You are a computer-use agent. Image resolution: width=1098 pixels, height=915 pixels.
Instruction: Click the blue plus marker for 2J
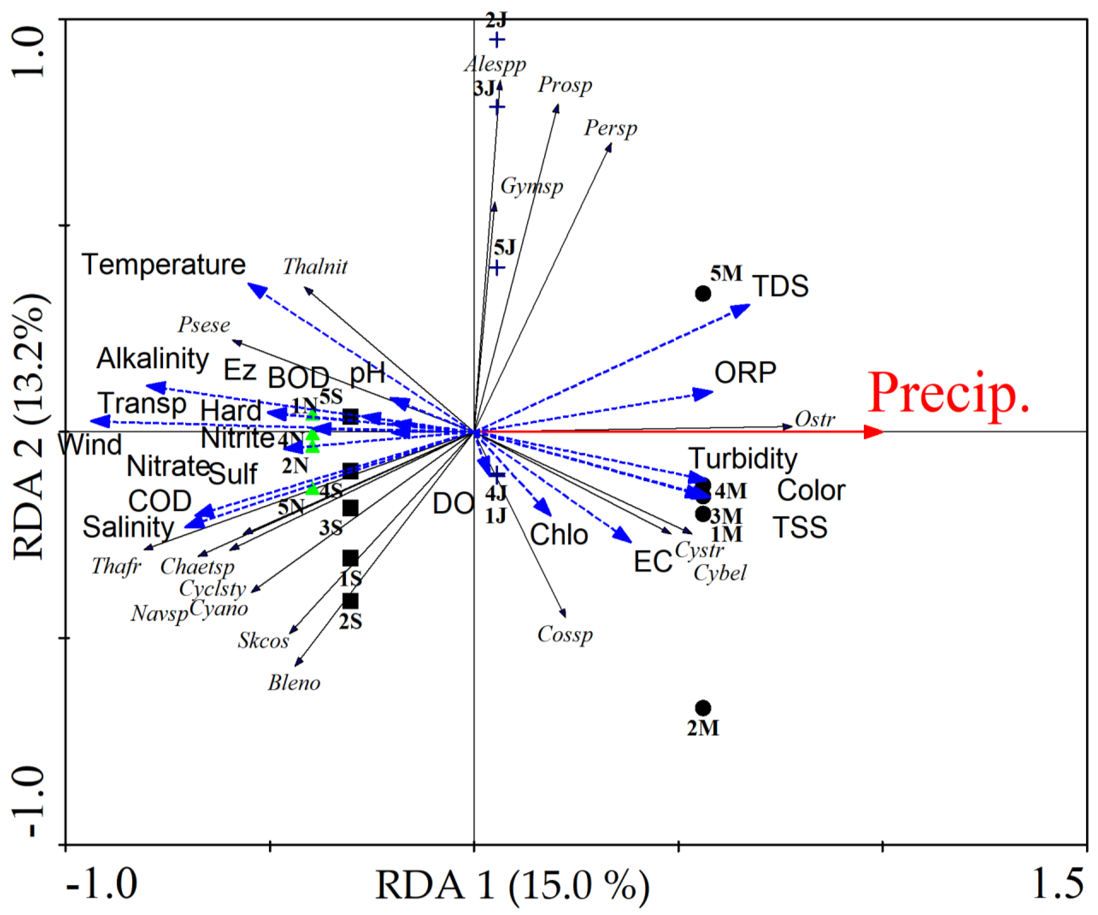click(497, 40)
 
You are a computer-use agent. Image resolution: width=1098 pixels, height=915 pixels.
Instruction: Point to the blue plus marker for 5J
click(497, 268)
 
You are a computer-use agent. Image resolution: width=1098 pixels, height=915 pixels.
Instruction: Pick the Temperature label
click(164, 265)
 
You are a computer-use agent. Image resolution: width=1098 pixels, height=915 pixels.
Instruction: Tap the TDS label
click(780, 286)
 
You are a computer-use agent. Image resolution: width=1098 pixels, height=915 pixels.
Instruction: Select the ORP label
click(745, 373)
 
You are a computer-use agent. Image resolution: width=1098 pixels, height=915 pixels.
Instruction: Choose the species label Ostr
click(815, 419)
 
